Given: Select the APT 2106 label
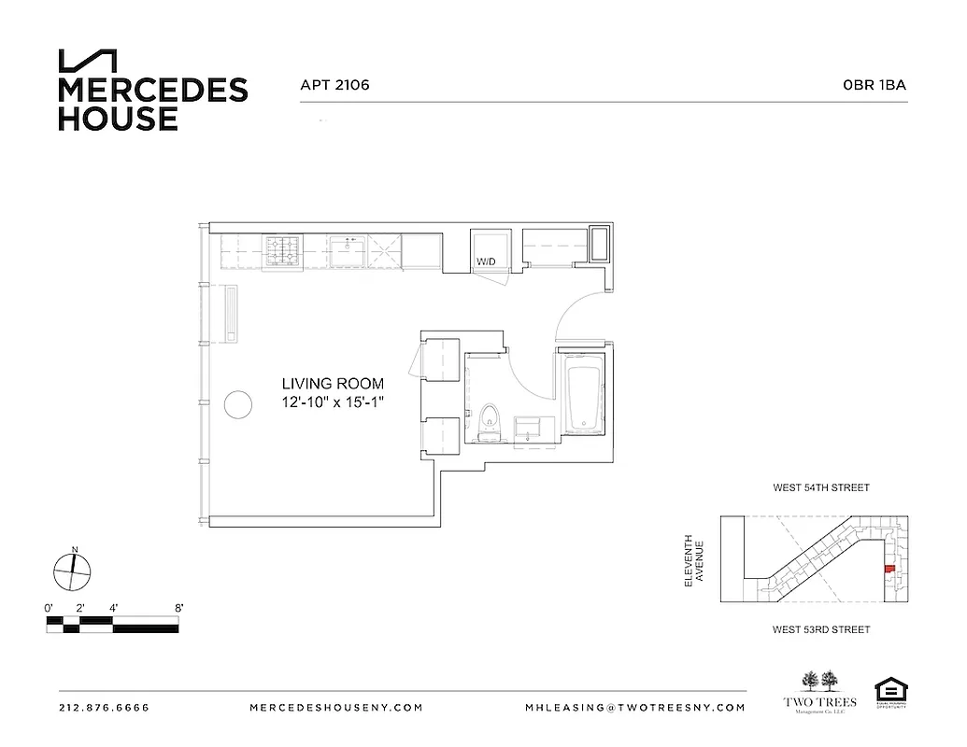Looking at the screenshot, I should click(x=334, y=85).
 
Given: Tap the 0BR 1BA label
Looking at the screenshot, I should click(x=875, y=85).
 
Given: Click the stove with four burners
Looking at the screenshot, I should click(x=283, y=250).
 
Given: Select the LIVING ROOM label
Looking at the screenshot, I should click(x=333, y=383).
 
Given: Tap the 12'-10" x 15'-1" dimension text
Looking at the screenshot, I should click(x=333, y=402).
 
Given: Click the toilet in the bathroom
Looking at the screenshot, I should click(x=489, y=423).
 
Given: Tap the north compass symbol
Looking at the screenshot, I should click(x=72, y=571).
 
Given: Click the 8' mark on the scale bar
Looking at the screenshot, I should click(x=178, y=608).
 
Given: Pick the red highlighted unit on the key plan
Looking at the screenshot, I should click(x=889, y=569).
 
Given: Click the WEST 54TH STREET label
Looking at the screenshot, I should click(x=820, y=488).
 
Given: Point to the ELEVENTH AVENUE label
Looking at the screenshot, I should click(x=692, y=560).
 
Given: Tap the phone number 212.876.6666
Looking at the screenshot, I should click(x=104, y=708).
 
